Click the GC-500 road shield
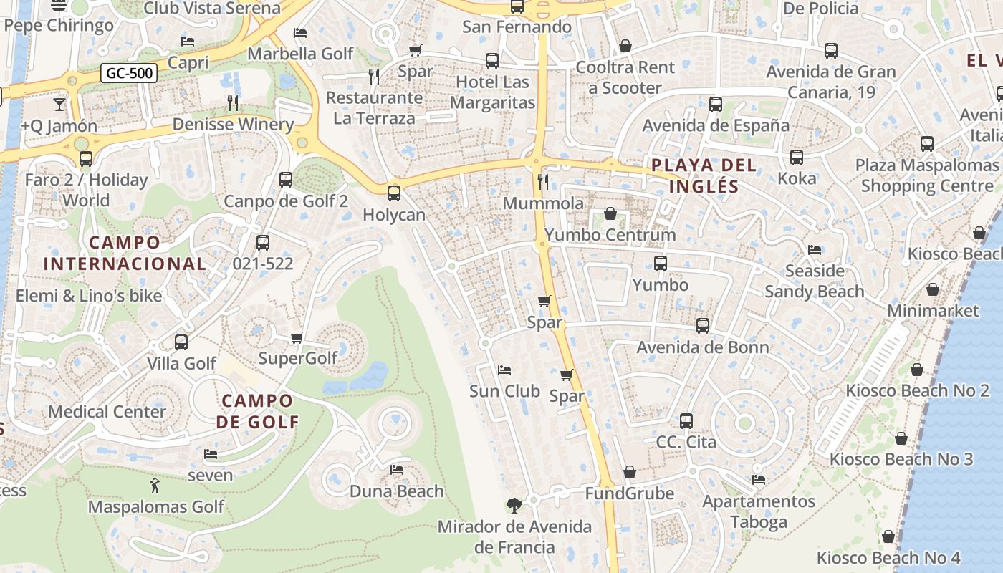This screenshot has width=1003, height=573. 129,73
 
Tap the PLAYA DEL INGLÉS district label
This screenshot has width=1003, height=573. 704,176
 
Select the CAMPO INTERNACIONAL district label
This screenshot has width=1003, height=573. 125,253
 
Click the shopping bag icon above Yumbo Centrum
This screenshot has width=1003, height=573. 610,213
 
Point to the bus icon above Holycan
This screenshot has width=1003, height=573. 393,193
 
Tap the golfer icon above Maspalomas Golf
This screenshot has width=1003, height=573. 155,486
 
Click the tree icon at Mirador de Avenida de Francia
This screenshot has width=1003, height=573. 514,506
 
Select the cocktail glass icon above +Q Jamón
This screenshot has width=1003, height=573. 59,105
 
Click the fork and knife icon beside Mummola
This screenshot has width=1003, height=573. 543,182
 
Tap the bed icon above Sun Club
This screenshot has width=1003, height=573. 504,370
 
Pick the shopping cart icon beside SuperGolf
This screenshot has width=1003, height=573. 297,337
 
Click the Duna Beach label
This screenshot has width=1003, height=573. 396,491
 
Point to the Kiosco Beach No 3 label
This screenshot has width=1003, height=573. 901,459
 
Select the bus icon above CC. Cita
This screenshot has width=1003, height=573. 686,420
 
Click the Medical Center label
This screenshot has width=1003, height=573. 107,412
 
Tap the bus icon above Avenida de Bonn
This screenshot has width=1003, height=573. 703,326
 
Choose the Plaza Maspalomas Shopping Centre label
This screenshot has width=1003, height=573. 928,175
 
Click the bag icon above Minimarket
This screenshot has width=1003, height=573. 933,289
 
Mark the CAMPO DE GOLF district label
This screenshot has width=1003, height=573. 257,411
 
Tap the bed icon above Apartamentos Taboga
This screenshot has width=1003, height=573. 759,479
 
